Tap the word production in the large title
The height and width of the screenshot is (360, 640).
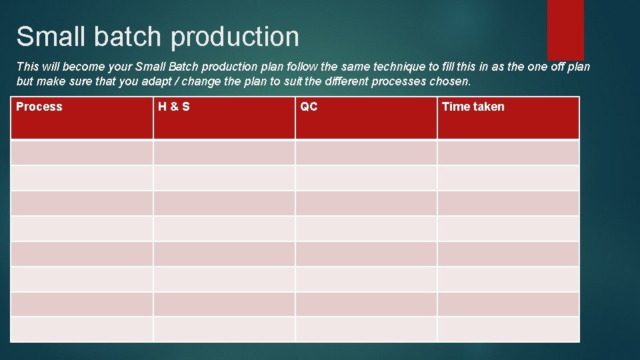pyautogui.click(x=235, y=38)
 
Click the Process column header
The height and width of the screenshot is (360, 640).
pyautogui.click(x=39, y=107)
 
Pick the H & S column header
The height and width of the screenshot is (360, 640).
pyautogui.click(x=174, y=107)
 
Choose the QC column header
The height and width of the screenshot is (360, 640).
pyautogui.click(x=309, y=107)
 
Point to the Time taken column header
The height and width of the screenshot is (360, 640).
pyautogui.click(x=473, y=107)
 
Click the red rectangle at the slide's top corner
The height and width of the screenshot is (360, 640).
pyautogui.click(x=565, y=29)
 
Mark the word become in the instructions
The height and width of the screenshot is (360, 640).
pyautogui.click(x=83, y=67)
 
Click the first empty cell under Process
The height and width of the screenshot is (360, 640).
pyautogui.click(x=82, y=153)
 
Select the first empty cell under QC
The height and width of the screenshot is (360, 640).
pyautogui.click(x=366, y=153)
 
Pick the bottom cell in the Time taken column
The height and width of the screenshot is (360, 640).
pyautogui.click(x=508, y=329)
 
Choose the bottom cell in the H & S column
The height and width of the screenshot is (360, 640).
pyautogui.click(x=224, y=329)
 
